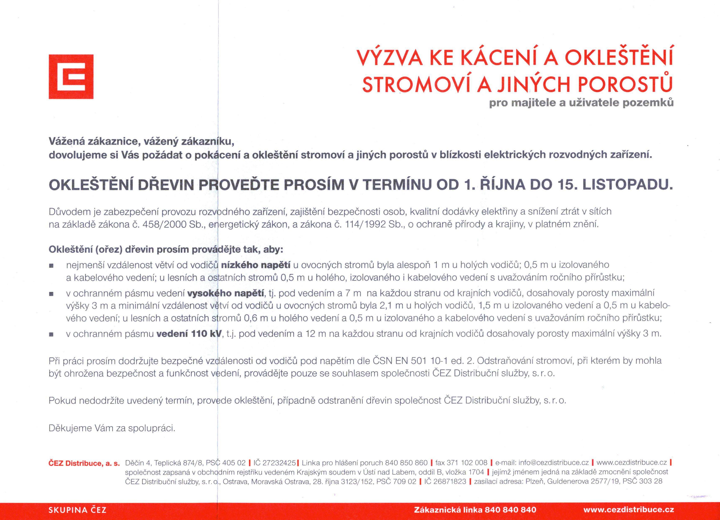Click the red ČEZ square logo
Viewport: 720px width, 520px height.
[71, 77]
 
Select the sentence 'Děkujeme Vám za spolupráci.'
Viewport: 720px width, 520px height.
[112, 428]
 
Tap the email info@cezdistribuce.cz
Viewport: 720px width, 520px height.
[554, 463]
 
